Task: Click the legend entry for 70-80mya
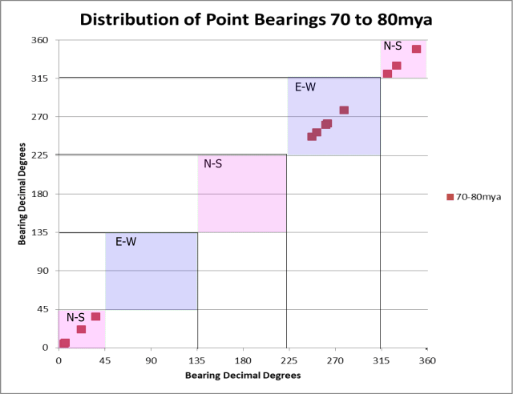[479, 196]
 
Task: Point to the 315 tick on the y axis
[41, 78]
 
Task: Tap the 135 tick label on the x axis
[197, 360]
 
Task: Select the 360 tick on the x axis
[427, 360]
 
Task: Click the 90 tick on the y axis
[44, 271]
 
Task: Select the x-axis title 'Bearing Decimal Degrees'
[242, 375]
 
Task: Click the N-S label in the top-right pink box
[393, 46]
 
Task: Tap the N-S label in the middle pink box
[213, 163]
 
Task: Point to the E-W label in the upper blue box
[305, 86]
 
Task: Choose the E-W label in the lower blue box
[125, 241]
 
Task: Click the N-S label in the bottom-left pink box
[75, 318]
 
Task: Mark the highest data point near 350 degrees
[417, 49]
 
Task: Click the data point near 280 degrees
[344, 110]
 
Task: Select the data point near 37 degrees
[96, 316]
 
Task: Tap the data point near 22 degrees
[81, 329]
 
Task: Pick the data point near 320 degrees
[387, 74]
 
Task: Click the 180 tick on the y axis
[41, 194]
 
